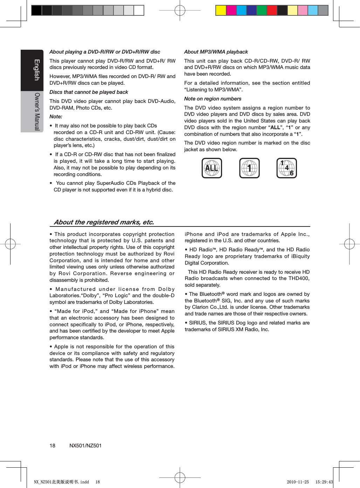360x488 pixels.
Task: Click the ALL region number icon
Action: click(212, 168)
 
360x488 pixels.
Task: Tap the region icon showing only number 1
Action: click(249, 168)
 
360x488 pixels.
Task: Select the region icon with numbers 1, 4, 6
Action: click(286, 168)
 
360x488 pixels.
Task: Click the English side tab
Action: click(36, 70)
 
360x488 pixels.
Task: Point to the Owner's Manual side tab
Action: click(36, 112)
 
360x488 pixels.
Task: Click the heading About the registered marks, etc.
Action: click(104, 222)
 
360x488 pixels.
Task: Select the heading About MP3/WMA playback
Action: click(216, 52)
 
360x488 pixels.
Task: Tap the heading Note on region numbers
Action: click(213, 99)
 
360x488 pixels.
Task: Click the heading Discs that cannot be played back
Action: click(89, 92)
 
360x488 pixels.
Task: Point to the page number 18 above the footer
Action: click(52, 446)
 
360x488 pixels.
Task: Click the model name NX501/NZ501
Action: click(85, 446)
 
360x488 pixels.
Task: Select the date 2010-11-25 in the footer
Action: click(298, 482)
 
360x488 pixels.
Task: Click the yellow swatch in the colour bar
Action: click(221, 11)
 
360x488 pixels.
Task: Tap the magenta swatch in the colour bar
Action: click(231, 11)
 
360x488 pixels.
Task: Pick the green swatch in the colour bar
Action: click(262, 11)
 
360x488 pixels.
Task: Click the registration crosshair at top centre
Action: click(180, 11)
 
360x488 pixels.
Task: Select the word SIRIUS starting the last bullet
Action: click(198, 323)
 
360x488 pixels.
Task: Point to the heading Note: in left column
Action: click(56, 117)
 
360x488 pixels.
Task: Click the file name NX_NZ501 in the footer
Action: click(43, 482)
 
